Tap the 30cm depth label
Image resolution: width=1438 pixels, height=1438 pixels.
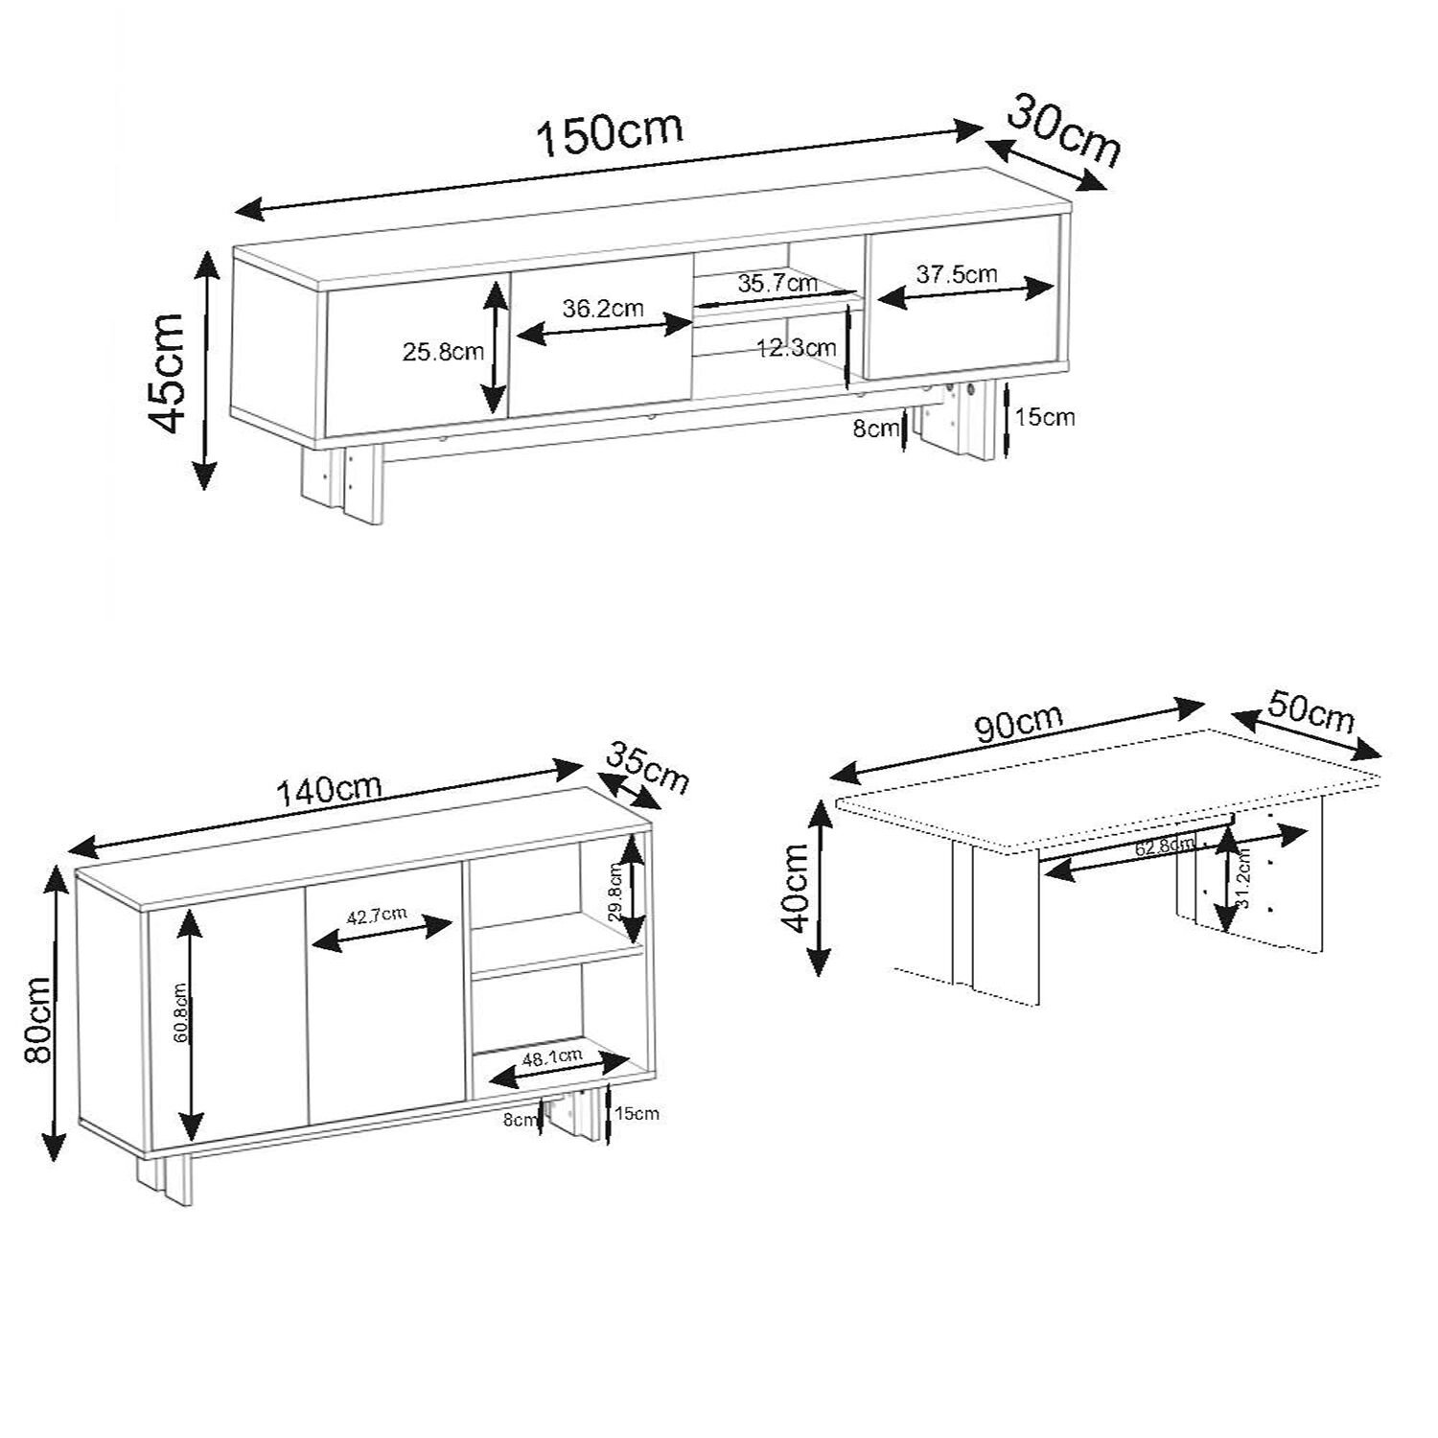click(1064, 132)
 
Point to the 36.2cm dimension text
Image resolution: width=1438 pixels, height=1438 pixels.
click(603, 309)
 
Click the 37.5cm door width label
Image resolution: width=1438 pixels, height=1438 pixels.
click(957, 274)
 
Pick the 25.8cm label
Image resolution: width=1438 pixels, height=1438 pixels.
click(442, 352)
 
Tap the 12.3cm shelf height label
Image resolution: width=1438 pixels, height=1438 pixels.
click(792, 347)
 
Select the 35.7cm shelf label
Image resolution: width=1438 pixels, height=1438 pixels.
click(778, 284)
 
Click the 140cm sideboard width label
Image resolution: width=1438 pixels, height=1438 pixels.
click(330, 790)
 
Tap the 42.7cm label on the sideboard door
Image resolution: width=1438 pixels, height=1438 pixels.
click(377, 916)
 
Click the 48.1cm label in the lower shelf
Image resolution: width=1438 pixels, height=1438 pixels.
click(552, 1057)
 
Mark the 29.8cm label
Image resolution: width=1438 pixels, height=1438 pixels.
click(615, 892)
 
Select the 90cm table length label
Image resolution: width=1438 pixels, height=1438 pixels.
click(1019, 726)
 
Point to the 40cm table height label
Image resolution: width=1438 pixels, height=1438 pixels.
click(799, 887)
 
